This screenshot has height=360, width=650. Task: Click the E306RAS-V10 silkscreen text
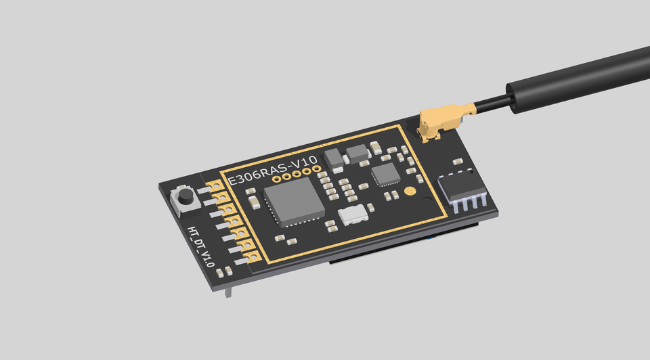pyautogui.click(x=272, y=171)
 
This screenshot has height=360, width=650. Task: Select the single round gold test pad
pyautogui.click(x=409, y=192)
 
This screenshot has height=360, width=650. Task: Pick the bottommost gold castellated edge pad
pyautogui.click(x=252, y=256)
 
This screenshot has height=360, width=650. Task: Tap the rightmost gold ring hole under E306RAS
pyautogui.click(x=316, y=169)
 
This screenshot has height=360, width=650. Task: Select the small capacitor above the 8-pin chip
pyautogui.click(x=458, y=162)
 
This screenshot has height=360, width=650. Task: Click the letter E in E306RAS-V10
pyautogui.click(x=231, y=181)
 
